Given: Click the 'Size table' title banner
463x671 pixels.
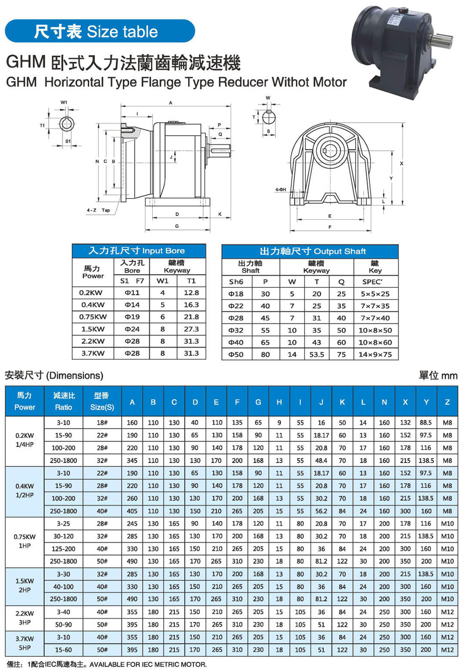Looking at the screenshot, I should point(100,31).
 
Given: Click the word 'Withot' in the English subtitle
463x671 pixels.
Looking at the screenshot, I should point(292,82).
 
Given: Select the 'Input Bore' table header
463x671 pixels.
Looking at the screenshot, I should point(138,251).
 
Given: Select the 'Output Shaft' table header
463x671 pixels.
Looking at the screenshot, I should point(310,251).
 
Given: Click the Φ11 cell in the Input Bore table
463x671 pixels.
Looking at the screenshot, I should point(132,293).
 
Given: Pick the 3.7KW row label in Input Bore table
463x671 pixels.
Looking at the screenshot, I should point(92,354).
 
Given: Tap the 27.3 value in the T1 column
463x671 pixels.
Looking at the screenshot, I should point(191,329).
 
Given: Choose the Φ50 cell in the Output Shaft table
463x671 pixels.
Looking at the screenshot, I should point(236,354).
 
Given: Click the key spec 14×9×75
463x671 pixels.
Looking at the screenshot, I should point(375,354).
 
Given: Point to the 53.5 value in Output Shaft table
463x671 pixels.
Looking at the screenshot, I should point(317,354).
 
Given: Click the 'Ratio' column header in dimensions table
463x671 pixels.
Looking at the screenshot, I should point(63,401).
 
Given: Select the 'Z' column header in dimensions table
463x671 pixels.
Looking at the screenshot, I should point(447,402).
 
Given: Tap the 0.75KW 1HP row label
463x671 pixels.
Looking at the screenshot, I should point(25,541).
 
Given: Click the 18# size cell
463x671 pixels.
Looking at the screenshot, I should point(102,422).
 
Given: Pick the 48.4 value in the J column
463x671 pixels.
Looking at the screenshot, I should point(321,460).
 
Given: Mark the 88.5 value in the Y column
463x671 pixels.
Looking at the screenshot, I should point(425,422).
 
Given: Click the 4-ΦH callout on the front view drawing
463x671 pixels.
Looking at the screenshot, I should point(281,190).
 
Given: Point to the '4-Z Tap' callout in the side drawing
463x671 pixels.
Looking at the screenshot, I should point(98,210).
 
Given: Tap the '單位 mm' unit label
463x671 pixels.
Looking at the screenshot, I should point(438,375).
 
